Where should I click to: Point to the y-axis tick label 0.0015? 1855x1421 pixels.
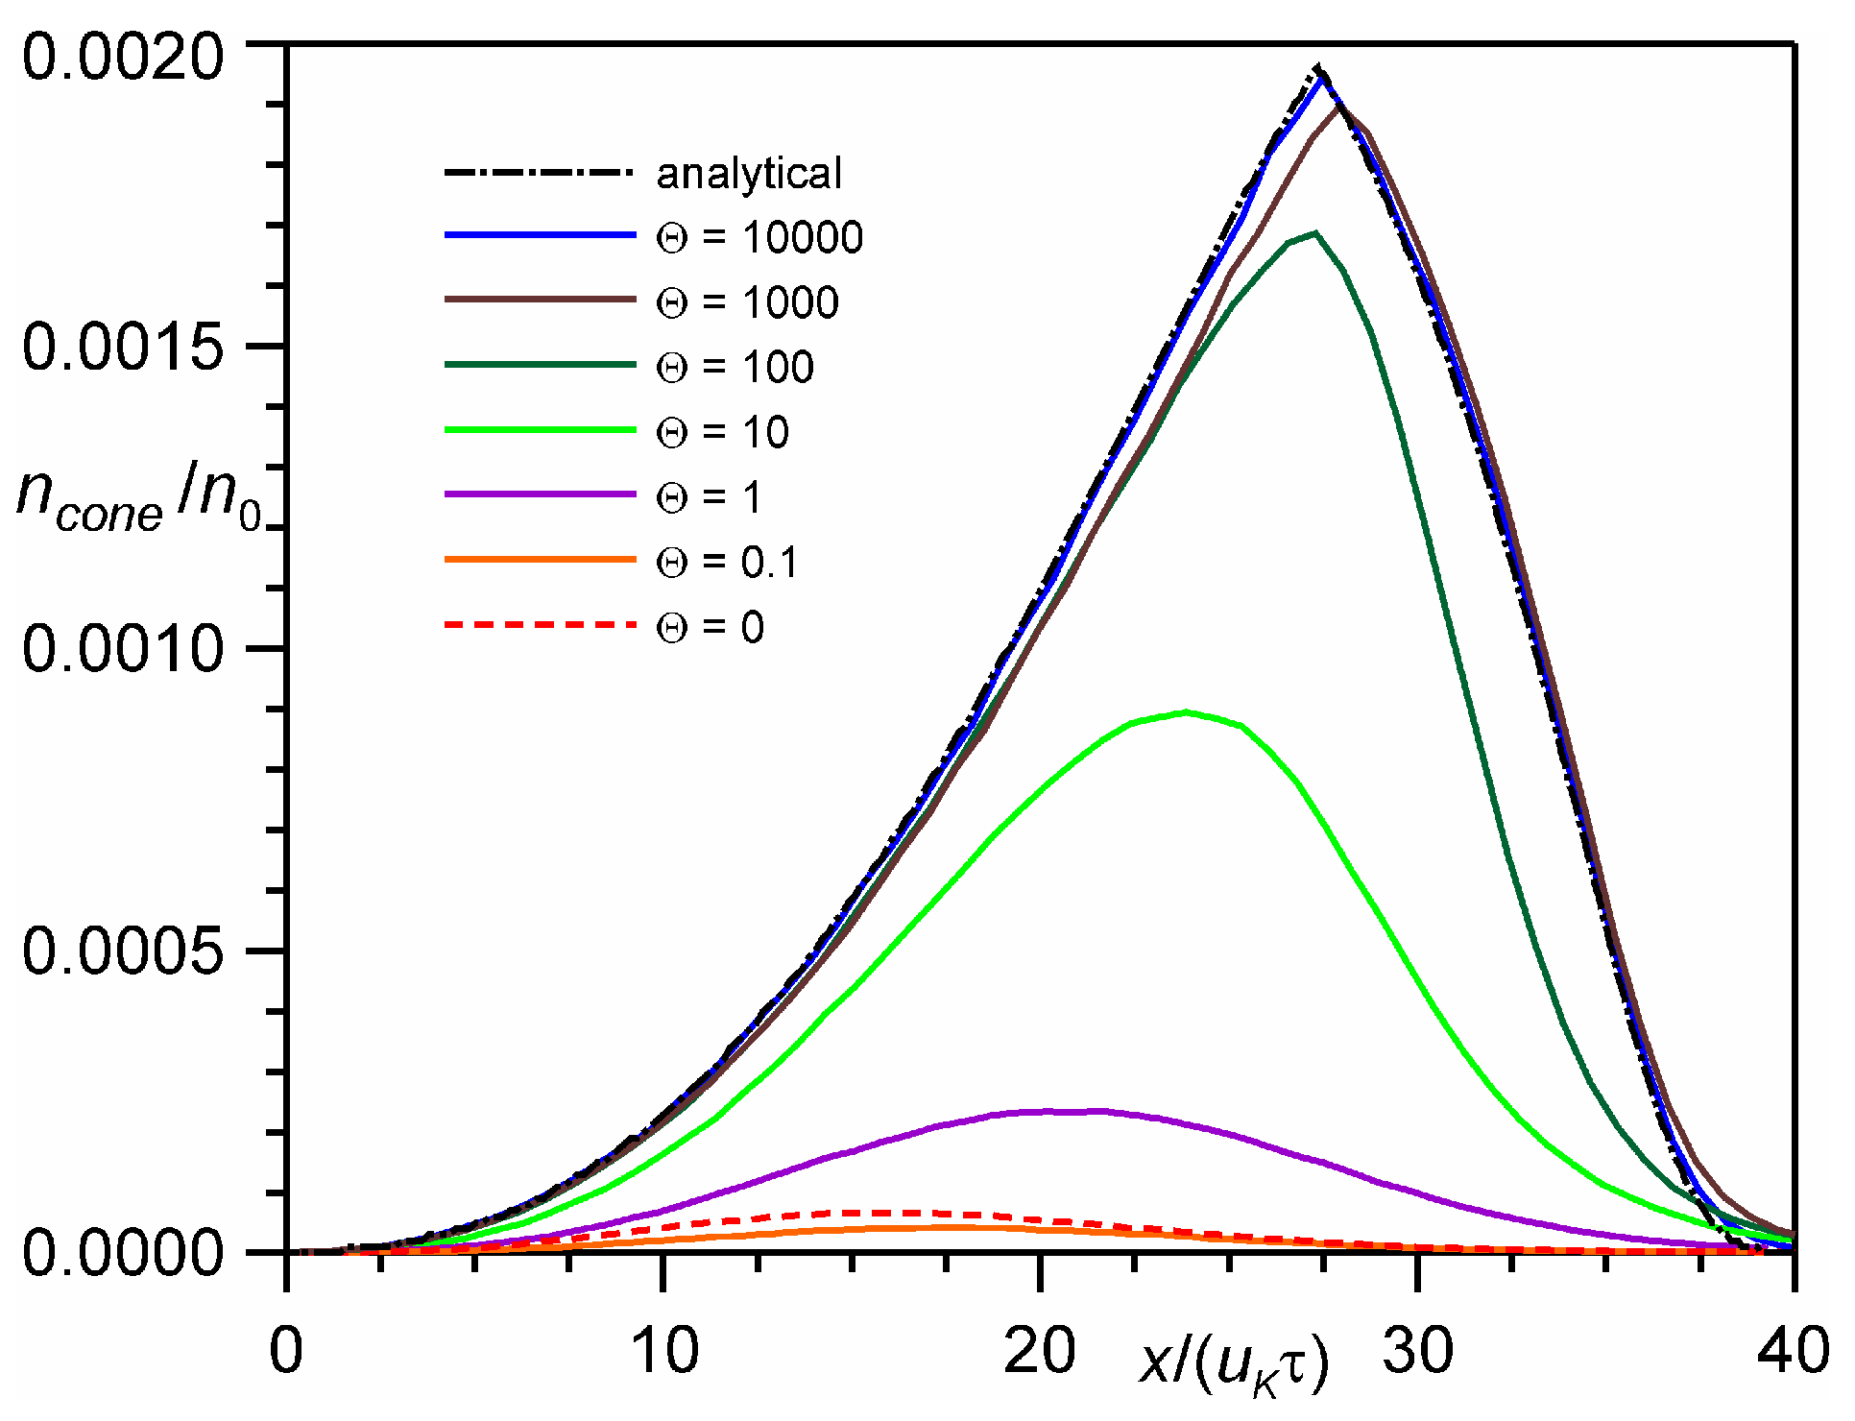[x=123, y=347]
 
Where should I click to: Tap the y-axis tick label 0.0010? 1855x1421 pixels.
[x=123, y=649]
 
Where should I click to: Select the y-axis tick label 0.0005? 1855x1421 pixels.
[x=123, y=951]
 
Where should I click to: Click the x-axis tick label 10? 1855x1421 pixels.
[x=664, y=1352]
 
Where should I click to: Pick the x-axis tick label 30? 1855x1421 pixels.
[x=1418, y=1352]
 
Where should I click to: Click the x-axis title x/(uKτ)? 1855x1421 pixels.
[x=1235, y=1363]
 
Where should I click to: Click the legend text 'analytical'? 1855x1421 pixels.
[x=749, y=174]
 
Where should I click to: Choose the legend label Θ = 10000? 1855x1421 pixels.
[x=759, y=238]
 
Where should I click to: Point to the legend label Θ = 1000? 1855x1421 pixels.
[x=747, y=303]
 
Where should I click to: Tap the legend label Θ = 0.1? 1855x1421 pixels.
[x=727, y=563]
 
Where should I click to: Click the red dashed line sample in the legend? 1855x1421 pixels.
[x=540, y=625]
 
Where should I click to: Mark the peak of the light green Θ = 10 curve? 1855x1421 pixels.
[x=1188, y=711]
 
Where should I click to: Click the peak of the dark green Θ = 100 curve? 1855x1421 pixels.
[x=1314, y=232]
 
